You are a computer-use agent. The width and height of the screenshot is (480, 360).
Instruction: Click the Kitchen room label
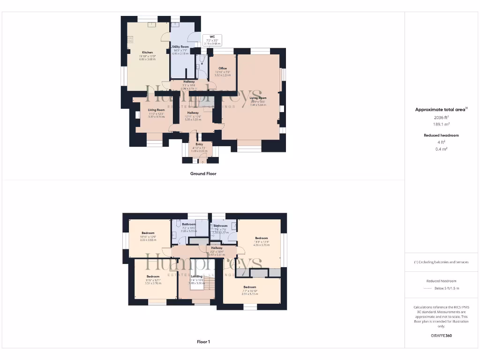pos(147,52)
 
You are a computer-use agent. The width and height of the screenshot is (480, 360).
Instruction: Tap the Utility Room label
pos(180,47)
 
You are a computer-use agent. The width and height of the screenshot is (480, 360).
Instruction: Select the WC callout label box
pos(212,39)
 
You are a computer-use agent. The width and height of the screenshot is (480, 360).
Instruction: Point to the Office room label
pos(222,68)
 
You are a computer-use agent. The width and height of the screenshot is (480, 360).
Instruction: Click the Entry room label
pos(199,144)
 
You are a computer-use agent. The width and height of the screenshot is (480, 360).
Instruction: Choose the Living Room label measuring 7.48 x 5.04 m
pos(258,98)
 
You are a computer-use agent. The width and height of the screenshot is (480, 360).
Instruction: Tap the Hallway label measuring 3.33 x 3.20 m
pos(193,113)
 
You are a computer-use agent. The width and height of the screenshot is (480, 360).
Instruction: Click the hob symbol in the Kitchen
pos(130,40)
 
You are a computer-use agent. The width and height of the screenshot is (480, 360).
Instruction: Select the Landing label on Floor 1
pos(196,277)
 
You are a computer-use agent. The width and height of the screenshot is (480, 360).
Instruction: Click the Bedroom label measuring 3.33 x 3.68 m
pos(148,233)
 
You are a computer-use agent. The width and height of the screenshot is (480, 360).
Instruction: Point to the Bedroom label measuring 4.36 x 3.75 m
pos(261,238)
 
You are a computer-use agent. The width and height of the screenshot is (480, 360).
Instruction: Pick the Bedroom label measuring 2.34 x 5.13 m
pos(249,287)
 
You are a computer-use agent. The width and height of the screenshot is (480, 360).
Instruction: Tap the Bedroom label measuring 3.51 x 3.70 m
pos(153,277)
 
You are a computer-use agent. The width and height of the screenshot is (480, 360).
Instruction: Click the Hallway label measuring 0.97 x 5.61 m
pos(217,248)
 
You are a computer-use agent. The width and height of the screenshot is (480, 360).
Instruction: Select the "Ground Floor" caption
pos(203,173)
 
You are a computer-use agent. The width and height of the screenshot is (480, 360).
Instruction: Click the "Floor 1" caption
pos(203,342)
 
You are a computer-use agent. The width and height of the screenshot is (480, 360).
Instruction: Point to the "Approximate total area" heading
pos(441,110)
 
